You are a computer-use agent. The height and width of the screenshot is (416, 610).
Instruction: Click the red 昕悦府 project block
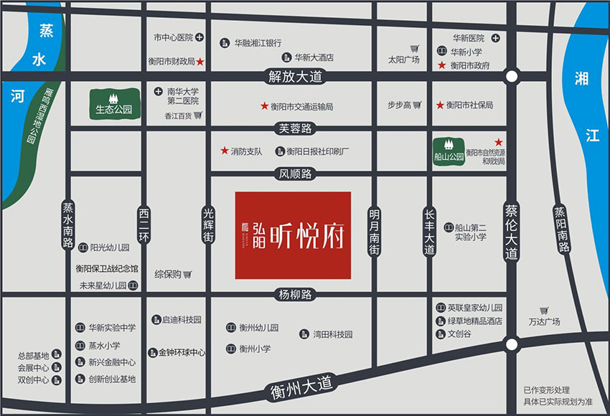[x=293, y=235]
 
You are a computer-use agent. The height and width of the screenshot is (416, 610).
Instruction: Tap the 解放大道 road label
[x=292, y=75]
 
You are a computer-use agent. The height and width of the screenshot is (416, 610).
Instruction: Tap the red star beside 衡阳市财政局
[x=201, y=62]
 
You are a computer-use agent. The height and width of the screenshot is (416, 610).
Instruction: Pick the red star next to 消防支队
[x=225, y=151]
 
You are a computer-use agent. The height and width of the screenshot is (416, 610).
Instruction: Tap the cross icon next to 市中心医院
[x=200, y=37]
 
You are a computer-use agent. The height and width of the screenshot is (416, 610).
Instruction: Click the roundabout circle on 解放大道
[x=511, y=76]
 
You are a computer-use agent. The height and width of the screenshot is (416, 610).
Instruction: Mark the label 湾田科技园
[x=332, y=334]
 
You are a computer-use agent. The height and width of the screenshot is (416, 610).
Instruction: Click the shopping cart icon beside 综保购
[x=187, y=274]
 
